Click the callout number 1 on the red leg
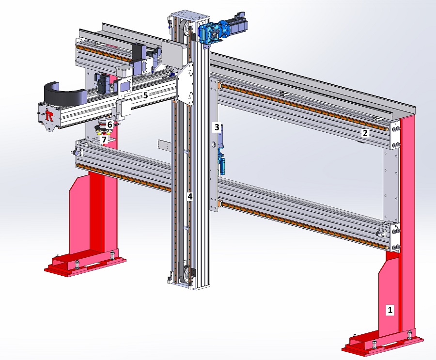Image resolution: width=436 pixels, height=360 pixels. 390,309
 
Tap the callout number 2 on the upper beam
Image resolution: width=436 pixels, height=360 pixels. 365,133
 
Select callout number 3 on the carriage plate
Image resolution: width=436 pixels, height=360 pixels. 217,127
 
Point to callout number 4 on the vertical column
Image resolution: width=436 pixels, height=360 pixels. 189,197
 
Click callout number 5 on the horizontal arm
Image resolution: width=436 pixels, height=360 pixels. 145,95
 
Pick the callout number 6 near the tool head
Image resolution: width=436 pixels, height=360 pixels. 109,125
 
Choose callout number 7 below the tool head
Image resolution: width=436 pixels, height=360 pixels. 104,140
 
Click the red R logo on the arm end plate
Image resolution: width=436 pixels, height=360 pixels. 49,116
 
